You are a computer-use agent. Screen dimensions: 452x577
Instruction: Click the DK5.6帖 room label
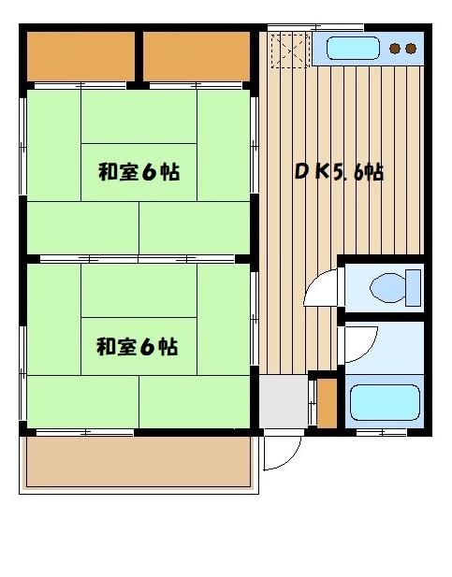click(x=340, y=172)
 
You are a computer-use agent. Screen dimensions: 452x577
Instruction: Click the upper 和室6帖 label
click(x=139, y=172)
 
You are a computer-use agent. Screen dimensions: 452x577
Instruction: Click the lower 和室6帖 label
click(x=138, y=347)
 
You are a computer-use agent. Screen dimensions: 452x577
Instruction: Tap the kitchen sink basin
click(x=353, y=48)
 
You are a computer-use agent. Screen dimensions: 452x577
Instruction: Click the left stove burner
click(x=395, y=49)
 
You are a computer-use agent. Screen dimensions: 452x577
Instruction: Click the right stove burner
click(x=411, y=49)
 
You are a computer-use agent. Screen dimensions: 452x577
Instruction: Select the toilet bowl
click(x=387, y=288)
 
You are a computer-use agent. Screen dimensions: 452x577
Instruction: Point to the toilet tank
click(x=413, y=288)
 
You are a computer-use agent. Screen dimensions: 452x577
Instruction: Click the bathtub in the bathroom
click(x=385, y=402)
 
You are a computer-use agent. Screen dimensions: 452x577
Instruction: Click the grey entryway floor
click(x=284, y=401)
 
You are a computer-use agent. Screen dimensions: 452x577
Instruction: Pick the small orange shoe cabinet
click(x=328, y=403)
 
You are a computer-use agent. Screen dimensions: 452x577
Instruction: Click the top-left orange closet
click(x=80, y=56)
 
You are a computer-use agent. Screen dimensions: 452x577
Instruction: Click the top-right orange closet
click(x=197, y=56)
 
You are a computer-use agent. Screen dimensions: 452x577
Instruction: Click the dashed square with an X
click(x=290, y=50)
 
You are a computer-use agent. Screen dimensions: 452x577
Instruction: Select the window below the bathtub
click(x=382, y=433)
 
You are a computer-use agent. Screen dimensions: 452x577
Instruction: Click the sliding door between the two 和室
click(x=138, y=259)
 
